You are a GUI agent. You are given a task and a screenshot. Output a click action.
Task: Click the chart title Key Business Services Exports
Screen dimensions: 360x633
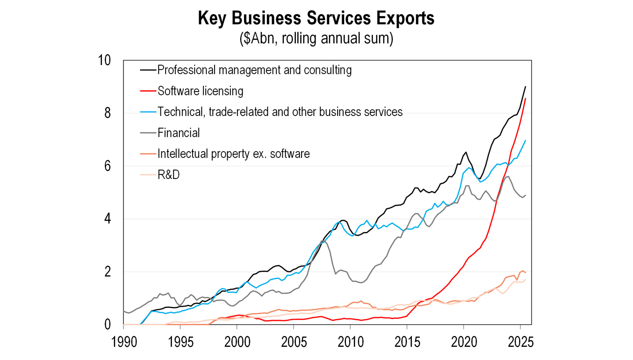316,19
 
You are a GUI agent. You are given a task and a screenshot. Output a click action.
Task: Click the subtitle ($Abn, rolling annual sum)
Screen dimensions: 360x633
316,38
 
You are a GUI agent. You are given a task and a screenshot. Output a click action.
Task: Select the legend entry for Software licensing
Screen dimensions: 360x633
200,91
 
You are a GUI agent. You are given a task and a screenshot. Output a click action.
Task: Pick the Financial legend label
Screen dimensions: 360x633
178,133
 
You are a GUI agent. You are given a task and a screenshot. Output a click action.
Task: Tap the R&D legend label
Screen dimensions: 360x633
168,175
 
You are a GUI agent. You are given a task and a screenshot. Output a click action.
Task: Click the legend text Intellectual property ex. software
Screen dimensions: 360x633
234,154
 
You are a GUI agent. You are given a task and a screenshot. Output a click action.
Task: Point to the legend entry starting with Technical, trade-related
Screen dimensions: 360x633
280,112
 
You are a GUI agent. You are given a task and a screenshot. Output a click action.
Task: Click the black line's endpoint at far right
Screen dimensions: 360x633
525,87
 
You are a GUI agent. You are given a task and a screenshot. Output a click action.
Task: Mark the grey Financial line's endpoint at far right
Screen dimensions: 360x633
525,195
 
